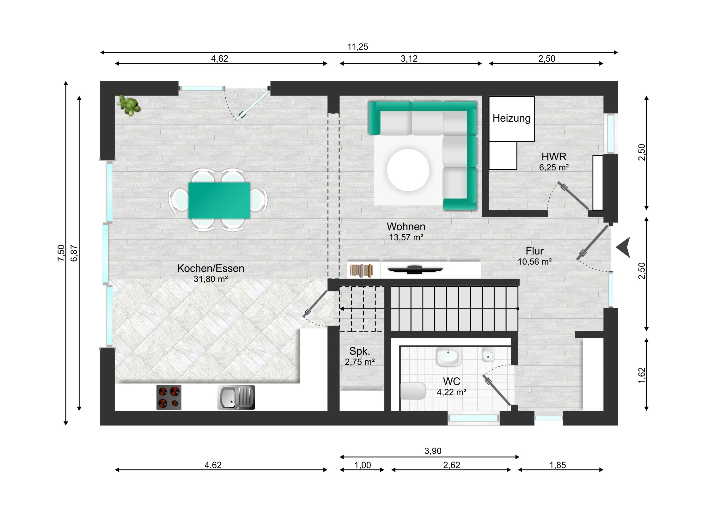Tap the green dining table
[x=219, y=200]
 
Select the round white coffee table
[x=408, y=170]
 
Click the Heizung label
[x=511, y=118]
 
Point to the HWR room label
[x=554, y=156]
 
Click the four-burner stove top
[x=169, y=397]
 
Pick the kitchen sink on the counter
[x=236, y=397]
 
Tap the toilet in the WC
[x=413, y=391]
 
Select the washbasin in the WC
[x=448, y=357]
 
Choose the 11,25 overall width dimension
[x=358, y=47]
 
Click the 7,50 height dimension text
[x=61, y=253]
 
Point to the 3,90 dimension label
[x=433, y=451]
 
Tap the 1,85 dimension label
[x=558, y=465]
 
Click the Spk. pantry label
[x=360, y=351]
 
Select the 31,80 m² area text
[x=211, y=279]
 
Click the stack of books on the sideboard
[x=362, y=271]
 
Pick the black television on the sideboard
[x=415, y=270]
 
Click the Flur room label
[x=535, y=251]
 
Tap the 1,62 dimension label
[x=642, y=375]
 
